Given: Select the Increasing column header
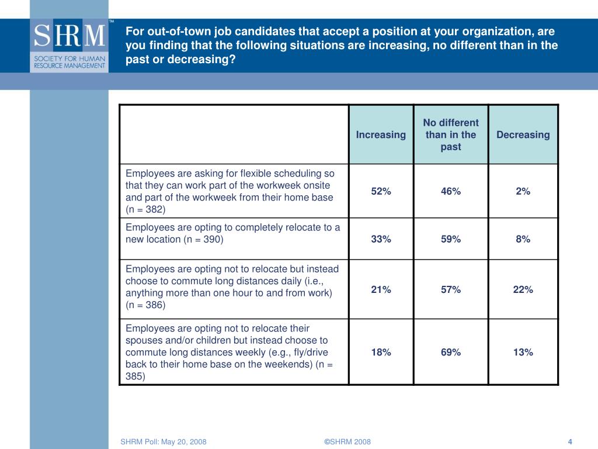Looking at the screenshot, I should pos(381,135).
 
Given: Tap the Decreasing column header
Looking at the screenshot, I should pos(523,135).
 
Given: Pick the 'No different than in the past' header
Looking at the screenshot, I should pos(451,135).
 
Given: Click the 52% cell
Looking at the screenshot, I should pos(381,191).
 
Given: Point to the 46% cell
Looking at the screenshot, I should pos(451,191).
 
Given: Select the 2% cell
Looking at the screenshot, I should pos(523,191).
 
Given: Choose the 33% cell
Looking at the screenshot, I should pos(381,239).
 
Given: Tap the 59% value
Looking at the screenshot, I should pos(451,239).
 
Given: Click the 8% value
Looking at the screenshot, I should pos(523,239).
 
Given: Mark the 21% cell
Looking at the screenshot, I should pos(381,289).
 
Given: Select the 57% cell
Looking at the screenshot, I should pos(451,289).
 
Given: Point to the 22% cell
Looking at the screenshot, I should pos(523,289).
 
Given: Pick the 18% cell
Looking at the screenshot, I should pos(381,352).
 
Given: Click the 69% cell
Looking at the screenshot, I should pos(451,352).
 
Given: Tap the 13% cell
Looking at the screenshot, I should pos(523,352).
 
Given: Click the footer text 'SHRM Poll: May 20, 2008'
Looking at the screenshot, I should pos(164,441).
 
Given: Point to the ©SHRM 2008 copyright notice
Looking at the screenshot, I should pos(347,441).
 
